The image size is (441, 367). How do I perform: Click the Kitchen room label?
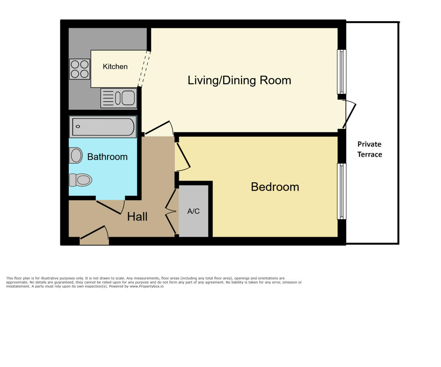click(115, 66)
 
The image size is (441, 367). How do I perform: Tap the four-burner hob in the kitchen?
click(79, 69)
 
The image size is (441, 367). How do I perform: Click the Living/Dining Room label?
click(239, 80)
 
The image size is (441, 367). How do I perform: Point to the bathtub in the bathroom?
click(103, 127)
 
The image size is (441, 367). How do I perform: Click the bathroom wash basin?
click(76, 155)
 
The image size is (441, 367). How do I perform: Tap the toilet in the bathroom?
click(81, 180)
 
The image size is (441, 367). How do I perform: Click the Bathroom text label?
click(107, 157)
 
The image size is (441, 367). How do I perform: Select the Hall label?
click(137, 217)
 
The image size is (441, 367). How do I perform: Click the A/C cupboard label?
click(193, 211)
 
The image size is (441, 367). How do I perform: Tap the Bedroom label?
click(275, 187)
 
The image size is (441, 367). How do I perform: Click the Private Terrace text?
click(369, 149)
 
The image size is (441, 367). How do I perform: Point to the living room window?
click(342, 72)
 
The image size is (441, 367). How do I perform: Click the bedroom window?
click(342, 191)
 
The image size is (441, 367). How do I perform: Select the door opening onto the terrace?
click(349, 115)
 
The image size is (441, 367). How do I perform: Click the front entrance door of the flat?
click(94, 232)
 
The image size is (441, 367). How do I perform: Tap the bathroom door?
click(110, 207)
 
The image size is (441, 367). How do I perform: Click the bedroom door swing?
click(183, 156)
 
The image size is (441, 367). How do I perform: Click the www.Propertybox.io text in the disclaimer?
click(147, 286)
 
